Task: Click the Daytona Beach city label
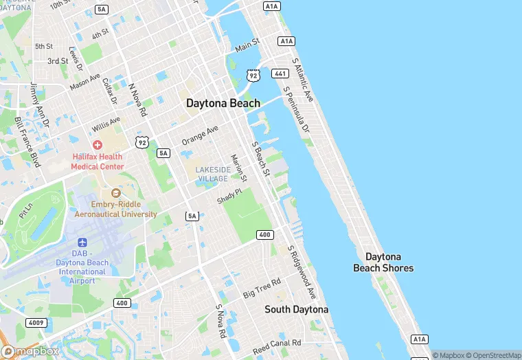coord(223,103)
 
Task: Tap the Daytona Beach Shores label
coord(383,262)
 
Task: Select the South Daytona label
coord(297,310)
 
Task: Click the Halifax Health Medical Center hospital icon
coord(98,145)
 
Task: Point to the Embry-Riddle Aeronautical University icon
coord(115,194)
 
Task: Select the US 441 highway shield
coord(280,73)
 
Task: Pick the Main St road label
coord(247,46)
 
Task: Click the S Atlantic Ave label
coord(303,80)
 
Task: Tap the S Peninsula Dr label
coord(296,111)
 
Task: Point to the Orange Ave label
coord(200,135)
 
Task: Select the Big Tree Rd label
coord(262,289)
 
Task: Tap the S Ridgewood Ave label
coord(302,272)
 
